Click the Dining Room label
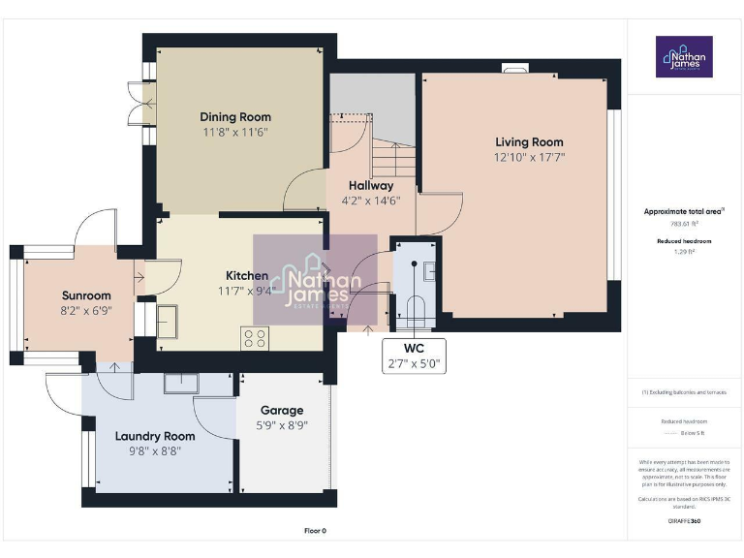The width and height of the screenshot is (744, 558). coord(235,117)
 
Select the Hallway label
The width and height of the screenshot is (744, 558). coord(371,185)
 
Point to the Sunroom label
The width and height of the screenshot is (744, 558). coord(86,295)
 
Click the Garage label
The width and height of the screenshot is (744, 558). coord(281,410)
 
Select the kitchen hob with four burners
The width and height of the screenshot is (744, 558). coord(254,337)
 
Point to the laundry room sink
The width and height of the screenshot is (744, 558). coord(181,385)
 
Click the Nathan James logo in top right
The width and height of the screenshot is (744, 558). coord(685,58)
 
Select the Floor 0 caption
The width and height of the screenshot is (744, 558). coord(315,531)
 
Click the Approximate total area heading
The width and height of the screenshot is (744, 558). coord(684,211)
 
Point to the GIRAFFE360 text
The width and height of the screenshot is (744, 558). coord(684,522)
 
